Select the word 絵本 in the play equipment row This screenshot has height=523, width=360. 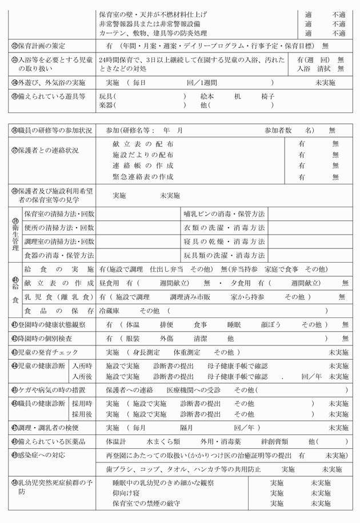pyautogui.click(x=207, y=96)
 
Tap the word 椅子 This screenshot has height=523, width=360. pyautogui.click(x=268, y=96)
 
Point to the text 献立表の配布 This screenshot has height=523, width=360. pyautogui.click(x=143, y=144)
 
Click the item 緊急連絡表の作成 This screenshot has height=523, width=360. pyautogui.click(x=143, y=177)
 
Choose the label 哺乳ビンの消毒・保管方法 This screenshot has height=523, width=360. pyautogui.click(x=224, y=214)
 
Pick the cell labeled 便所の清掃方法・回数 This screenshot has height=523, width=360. pyautogui.click(x=59, y=227)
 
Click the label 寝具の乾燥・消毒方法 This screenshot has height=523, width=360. pyautogui.click(x=224, y=241)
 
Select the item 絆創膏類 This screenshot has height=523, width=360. pyautogui.click(x=274, y=441)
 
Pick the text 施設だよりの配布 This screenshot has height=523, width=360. pyautogui.click(x=143, y=155)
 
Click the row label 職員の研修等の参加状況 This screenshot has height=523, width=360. pyautogui.click(x=51, y=130)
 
